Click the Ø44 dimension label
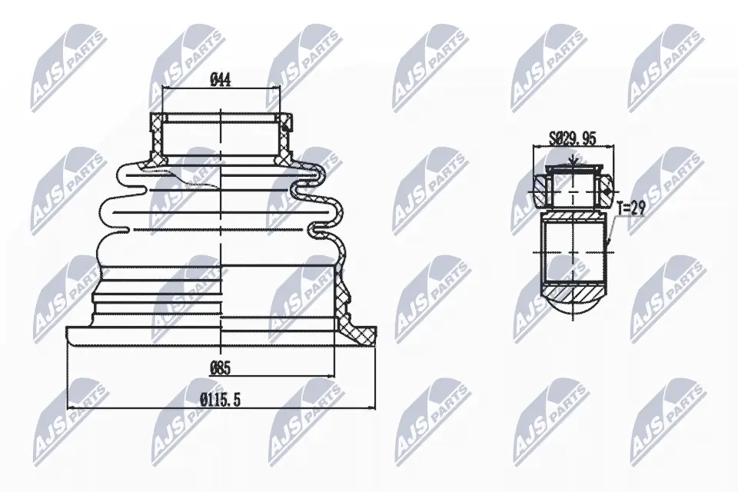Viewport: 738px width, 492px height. [221, 78]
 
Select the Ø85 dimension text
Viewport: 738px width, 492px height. [221, 368]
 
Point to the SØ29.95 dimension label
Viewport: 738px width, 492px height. [573, 139]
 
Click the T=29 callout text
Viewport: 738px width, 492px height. [630, 207]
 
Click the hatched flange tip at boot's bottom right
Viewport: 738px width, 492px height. [361, 331]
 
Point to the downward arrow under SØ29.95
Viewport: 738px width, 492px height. [573, 161]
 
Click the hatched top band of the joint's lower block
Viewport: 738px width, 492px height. [573, 217]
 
